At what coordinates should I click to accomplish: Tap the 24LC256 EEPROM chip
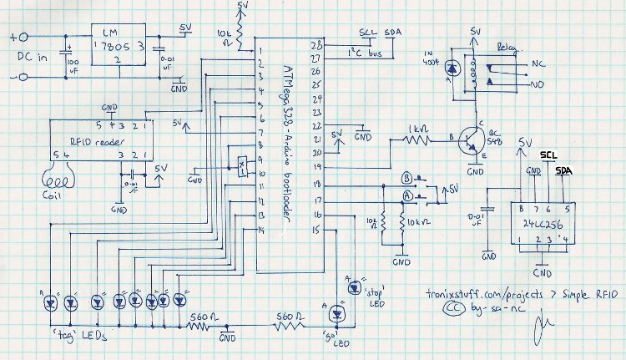coord(542,225)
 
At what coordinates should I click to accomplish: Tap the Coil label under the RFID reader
coord(56,199)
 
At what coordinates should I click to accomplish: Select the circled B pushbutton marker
coord(407,178)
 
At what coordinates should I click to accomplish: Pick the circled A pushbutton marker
coord(407,195)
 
